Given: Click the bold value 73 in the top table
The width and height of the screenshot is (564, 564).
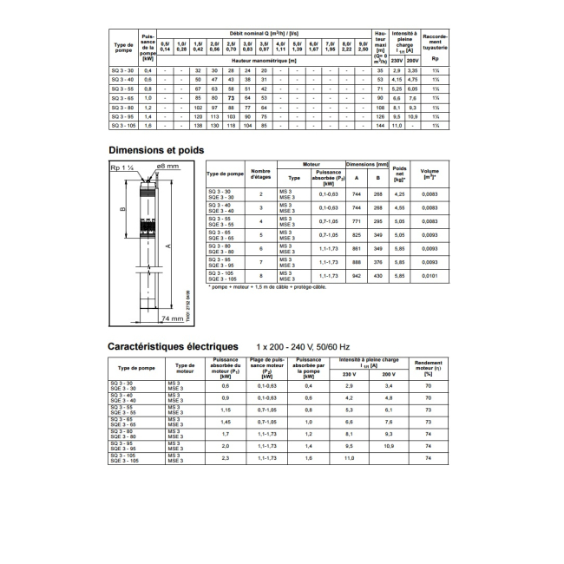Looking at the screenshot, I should pos(231,99).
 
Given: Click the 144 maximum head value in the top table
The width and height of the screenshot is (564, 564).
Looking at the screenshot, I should pos(378,127).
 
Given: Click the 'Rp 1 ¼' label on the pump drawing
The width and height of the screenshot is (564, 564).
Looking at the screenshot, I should pos(120,165).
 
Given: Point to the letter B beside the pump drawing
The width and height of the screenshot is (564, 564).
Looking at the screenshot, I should pos(121,208).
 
